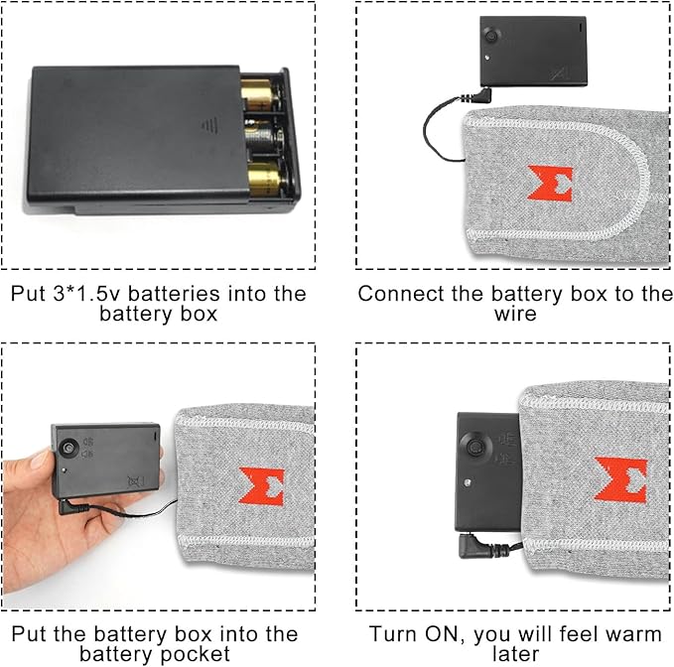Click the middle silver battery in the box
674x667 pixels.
pyautogui.click(x=264, y=137)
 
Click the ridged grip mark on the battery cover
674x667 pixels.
pyautogui.click(x=209, y=125)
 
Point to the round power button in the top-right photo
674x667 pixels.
pyautogui.click(x=491, y=36)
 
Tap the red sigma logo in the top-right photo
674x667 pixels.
pyautogui.click(x=551, y=184)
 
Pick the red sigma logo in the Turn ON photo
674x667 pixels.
pyautogui.click(x=620, y=479)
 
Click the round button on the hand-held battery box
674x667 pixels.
pyautogui.click(x=68, y=448)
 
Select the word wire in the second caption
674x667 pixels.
pyautogui.click(x=515, y=314)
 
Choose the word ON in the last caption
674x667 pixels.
pyautogui.click(x=445, y=634)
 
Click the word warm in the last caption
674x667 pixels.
pyautogui.click(x=631, y=635)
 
